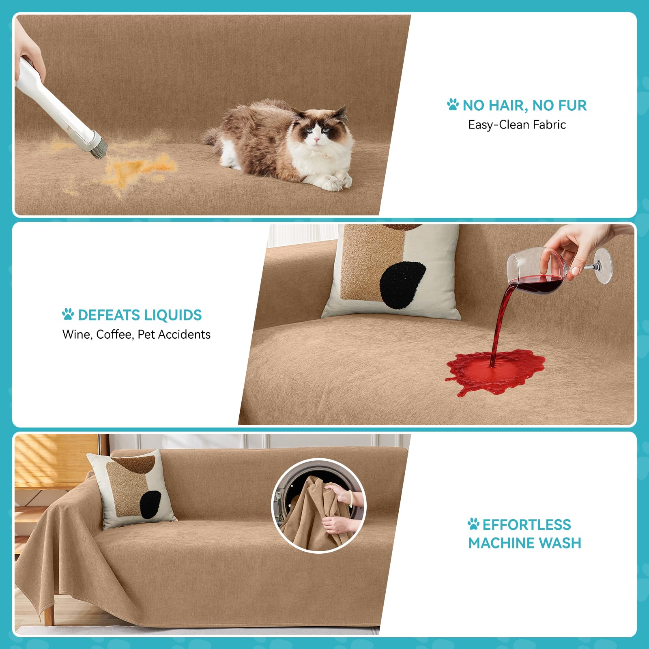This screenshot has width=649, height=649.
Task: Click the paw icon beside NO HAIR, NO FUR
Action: (453, 105)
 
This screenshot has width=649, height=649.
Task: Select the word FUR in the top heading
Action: (572, 105)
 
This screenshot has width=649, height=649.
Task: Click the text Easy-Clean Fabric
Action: (517, 125)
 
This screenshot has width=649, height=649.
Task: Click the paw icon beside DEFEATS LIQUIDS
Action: (68, 314)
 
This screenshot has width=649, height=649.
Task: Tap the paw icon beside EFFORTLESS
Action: (473, 524)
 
